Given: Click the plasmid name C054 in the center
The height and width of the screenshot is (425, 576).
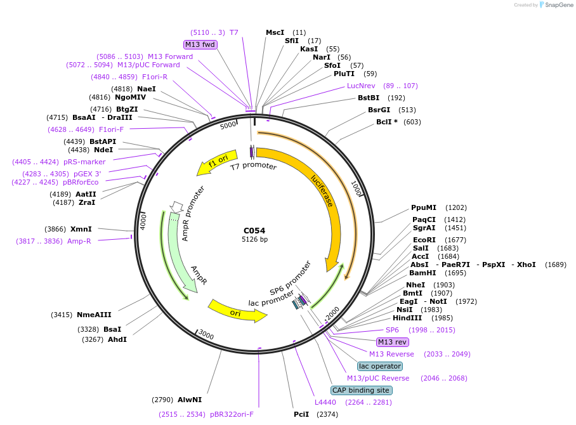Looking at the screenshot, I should point(254,230).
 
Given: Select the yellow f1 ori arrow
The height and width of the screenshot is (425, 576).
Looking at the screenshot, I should point(218,162).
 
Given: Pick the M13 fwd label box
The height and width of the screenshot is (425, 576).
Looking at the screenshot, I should point(200,44).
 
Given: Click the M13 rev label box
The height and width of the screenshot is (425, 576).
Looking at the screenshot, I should point(393,342).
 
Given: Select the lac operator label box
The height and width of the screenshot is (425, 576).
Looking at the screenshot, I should point(379,366).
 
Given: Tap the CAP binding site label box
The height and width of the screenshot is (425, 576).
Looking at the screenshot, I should point(362,390).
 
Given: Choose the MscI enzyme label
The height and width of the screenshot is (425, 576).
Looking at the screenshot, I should point(275,32).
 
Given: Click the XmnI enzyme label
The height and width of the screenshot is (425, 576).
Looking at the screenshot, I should point(81,229).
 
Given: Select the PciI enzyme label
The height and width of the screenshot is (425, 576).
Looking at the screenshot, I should point(301,414).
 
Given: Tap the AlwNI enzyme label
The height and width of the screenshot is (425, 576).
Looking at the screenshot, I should point(190,400).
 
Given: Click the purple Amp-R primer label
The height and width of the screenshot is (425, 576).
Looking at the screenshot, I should point(79,241).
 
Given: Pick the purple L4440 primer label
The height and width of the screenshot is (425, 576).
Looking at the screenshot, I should point(325,402).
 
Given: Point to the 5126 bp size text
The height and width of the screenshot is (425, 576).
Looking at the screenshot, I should point(254,240).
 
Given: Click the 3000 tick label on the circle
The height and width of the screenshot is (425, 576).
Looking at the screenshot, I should point(207,334).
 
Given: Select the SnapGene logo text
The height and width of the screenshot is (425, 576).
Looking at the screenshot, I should point(560,5).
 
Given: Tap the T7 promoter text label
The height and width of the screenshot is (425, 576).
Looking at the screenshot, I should point(253,166).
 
